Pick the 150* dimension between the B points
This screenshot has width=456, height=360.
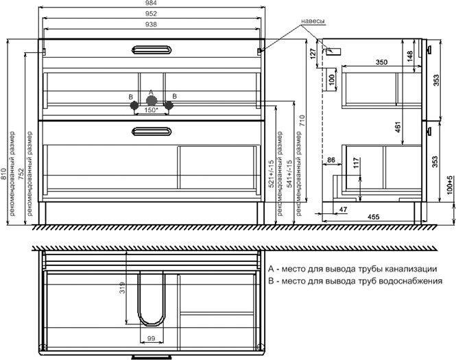point(152,110)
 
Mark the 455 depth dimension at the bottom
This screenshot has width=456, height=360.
point(374,217)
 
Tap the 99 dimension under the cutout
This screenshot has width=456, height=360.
point(151,338)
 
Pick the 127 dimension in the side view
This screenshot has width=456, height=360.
point(313,53)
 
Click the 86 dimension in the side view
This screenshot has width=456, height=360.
point(331,160)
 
